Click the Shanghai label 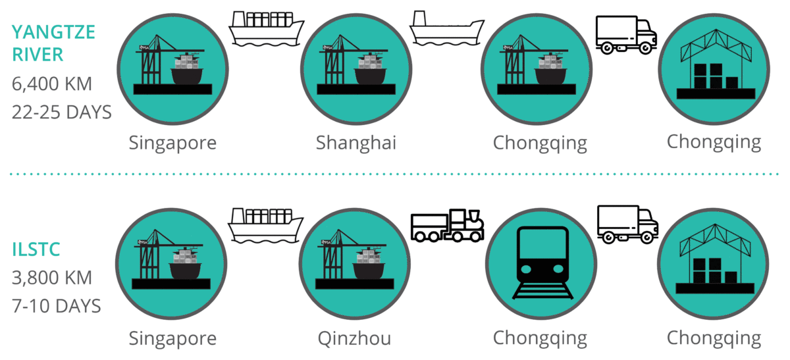pos(356,143)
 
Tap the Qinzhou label pos(354,338)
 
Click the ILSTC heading pos(36,249)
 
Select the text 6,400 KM pos(52,84)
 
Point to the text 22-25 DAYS pos(62,112)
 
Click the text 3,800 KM pos(52,278)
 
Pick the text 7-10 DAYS pos(57,306)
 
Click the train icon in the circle pos(542,263)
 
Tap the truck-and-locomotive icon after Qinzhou pos(447,226)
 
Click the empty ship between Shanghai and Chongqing pos(446,28)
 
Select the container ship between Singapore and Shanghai pos(266,29)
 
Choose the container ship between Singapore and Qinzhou pos(265,226)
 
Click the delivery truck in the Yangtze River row pos(626,35)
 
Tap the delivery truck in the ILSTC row pos(628,224)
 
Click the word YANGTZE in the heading pos(53,32)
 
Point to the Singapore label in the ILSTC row pos(172,338)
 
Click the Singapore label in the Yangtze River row pos(172,143)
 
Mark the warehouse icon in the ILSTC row pos(715,259)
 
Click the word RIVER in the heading pos(38,55)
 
